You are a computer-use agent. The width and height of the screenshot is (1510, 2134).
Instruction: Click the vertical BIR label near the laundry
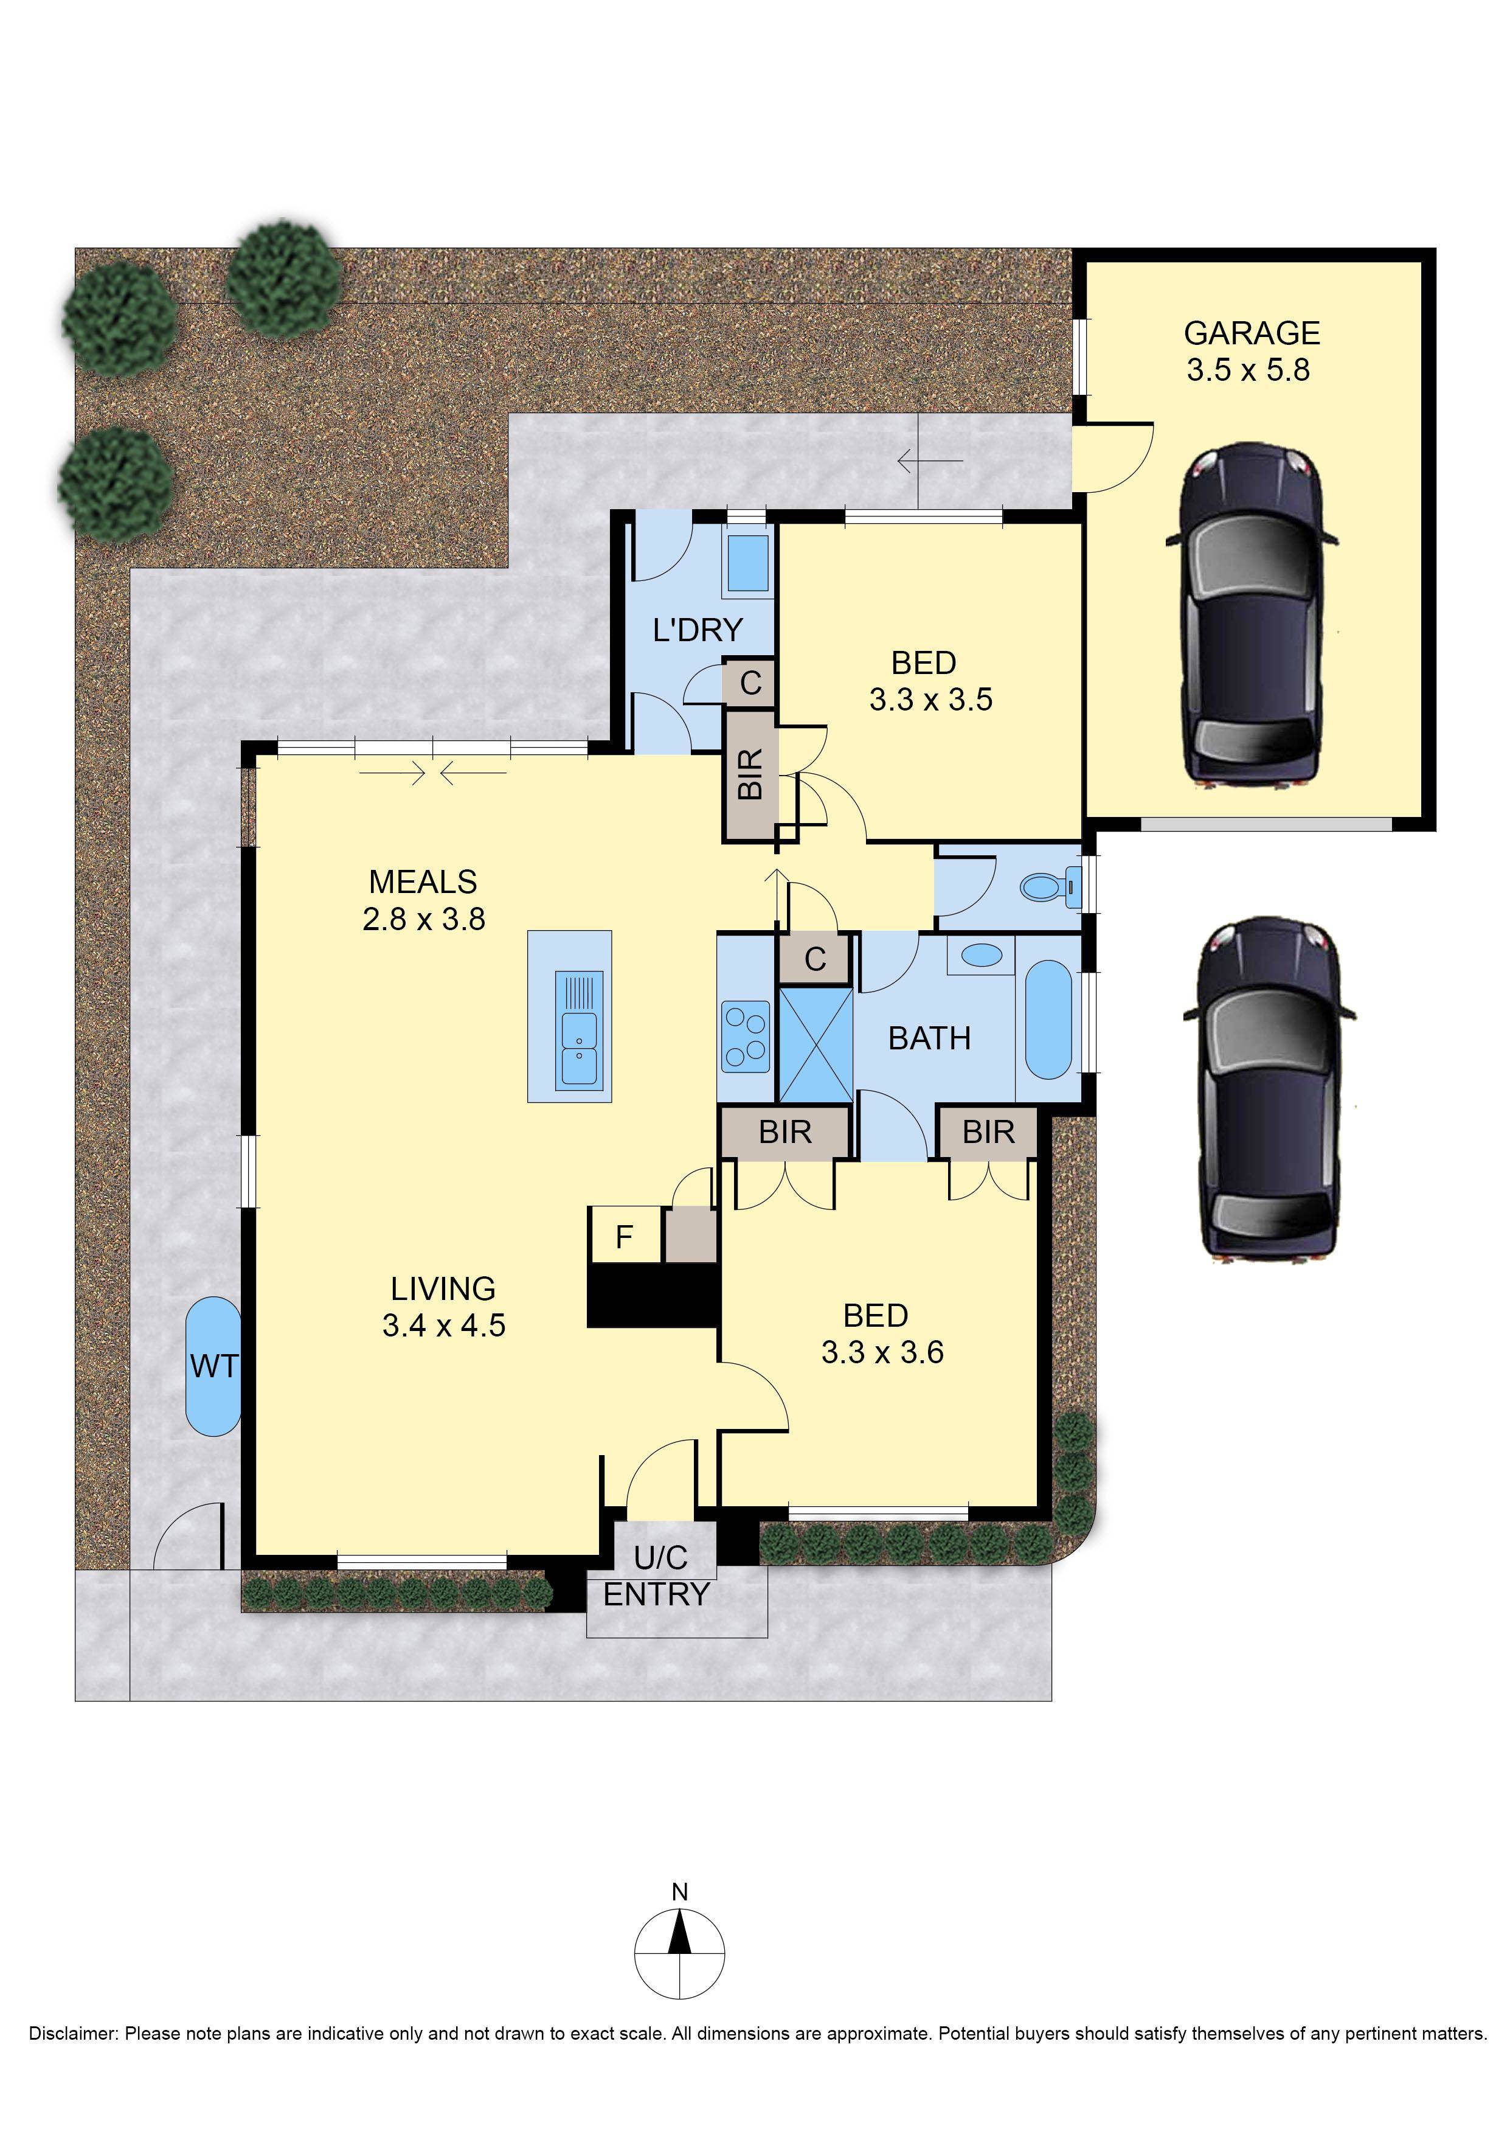tap(750, 774)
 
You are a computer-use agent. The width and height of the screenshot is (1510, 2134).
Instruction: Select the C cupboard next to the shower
tap(814, 959)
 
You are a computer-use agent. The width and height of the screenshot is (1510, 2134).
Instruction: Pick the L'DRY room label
tap(698, 630)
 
